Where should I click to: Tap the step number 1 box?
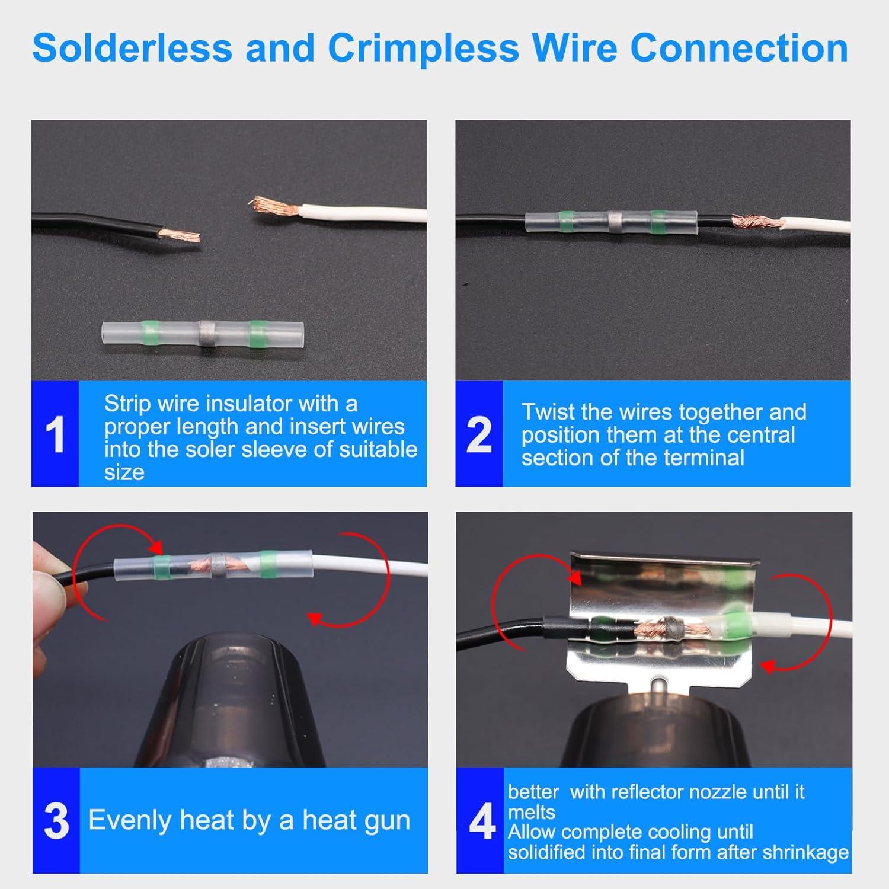click(55, 434)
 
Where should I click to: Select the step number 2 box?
click(478, 434)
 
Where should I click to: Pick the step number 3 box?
click(56, 821)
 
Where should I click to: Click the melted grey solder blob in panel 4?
click(671, 626)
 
